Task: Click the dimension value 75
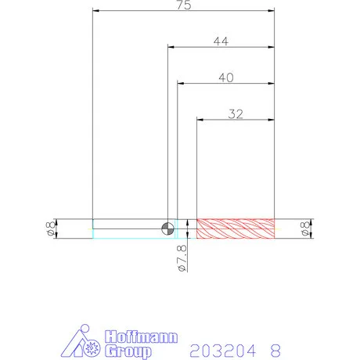[184, 5]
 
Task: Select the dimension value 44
[221, 41]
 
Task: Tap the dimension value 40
[226, 77]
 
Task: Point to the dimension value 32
[236, 114]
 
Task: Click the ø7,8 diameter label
[182, 258]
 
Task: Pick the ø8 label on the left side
[50, 229]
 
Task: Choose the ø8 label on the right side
[304, 229]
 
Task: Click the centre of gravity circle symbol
[167, 229]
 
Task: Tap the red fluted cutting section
[236, 229]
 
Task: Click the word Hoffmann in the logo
[141, 337]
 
